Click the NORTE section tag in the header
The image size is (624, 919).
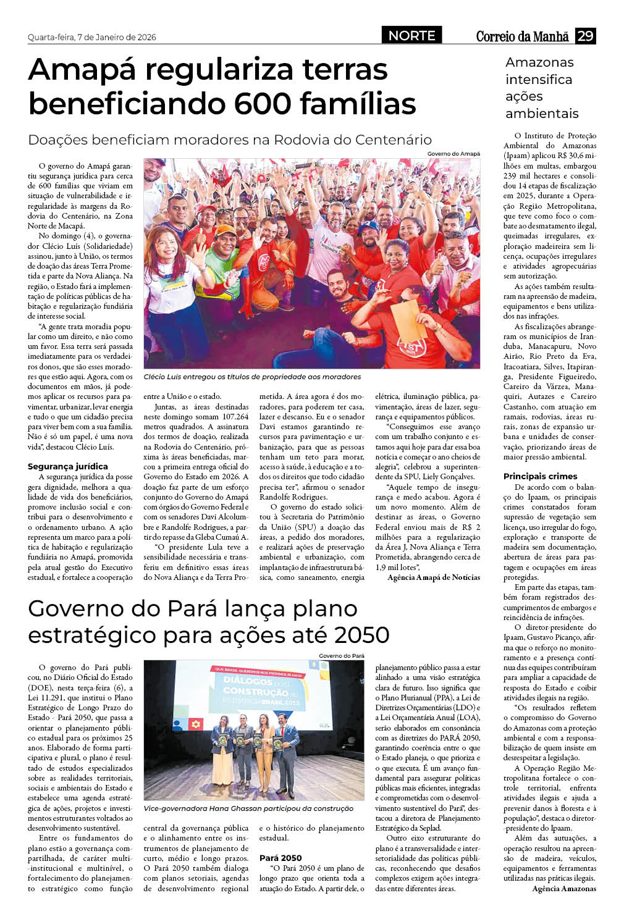pyautogui.click(x=411, y=36)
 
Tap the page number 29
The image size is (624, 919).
pyautogui.click(x=585, y=36)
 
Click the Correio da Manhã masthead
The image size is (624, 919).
pyautogui.click(x=522, y=36)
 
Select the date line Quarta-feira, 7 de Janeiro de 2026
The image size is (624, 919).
pyautogui.click(x=91, y=37)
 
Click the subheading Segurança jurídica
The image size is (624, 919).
pyautogui.click(x=68, y=466)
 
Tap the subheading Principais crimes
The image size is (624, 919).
pyautogui.click(x=540, y=476)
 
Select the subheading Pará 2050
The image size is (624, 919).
pyautogui.click(x=280, y=858)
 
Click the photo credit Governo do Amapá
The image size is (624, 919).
pyautogui.click(x=453, y=154)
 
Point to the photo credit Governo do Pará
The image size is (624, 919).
pyautogui.click(x=341, y=656)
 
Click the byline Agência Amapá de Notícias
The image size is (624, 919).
pyautogui.click(x=433, y=577)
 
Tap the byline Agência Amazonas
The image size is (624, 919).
pyautogui.click(x=563, y=889)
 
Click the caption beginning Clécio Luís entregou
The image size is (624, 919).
pyautogui.click(x=252, y=377)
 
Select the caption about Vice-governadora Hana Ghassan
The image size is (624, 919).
pyautogui.click(x=248, y=808)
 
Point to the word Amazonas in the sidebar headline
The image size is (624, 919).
pyautogui.click(x=539, y=62)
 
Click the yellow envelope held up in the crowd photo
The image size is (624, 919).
pyautogui.click(x=409, y=319)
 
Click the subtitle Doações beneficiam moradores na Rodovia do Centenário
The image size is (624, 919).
pyautogui.click(x=230, y=140)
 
